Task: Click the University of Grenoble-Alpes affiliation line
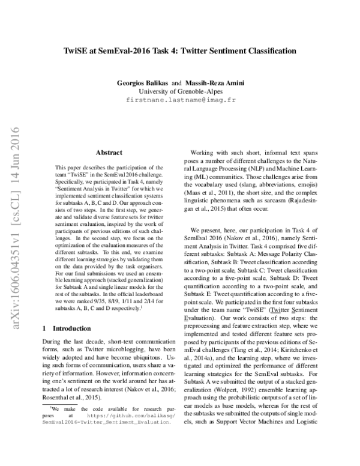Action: coord(180,91)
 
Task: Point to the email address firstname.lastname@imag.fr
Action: coord(180,100)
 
